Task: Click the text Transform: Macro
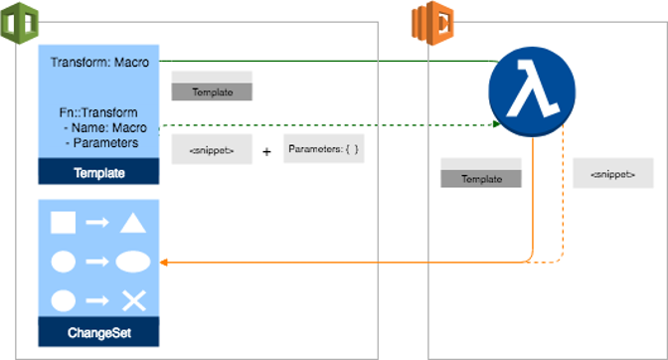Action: coord(99,64)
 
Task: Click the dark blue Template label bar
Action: coord(99,173)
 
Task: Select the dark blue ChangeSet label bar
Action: coord(99,331)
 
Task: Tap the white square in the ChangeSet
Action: coord(63,223)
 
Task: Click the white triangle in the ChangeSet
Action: coord(134,223)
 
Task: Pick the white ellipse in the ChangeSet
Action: coord(133,262)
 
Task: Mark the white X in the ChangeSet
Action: coord(133,300)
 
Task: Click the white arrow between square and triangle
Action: coord(97,223)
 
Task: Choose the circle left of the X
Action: coord(63,300)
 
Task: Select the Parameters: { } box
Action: coord(323,149)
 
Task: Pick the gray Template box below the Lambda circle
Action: coord(481,179)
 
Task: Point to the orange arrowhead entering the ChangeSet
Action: coord(165,263)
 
